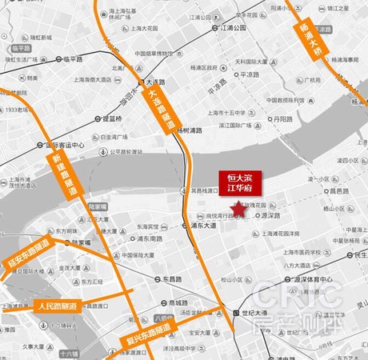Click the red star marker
(x=238, y=209)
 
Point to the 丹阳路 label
(x=282, y=119)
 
